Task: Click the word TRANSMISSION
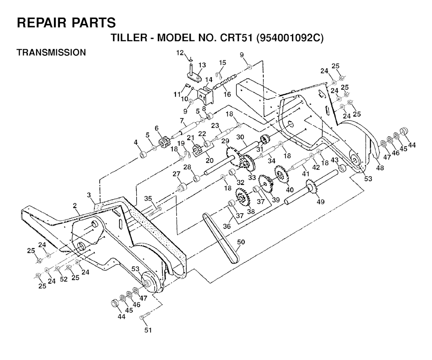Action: tap(51, 52)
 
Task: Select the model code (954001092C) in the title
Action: tap(290, 38)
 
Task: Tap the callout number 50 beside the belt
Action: tap(241, 242)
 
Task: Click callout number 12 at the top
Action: tap(180, 53)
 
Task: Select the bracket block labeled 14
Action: tap(206, 96)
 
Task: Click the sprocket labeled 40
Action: tap(280, 173)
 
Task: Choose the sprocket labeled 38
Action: tap(242, 197)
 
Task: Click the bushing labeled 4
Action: tap(143, 155)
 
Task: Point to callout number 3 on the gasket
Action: tap(89, 195)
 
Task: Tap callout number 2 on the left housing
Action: tap(75, 206)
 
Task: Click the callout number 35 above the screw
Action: tap(148, 198)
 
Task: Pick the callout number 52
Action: tap(63, 279)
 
